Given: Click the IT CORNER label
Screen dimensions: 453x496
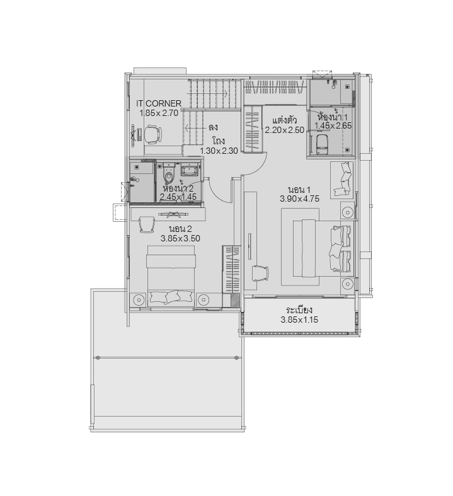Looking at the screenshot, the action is point(159,103).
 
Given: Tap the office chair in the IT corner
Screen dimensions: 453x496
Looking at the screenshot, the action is point(152,134).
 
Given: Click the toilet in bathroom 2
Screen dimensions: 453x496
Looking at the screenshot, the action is point(169,175).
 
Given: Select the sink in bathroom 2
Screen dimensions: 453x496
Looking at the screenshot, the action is point(189,171).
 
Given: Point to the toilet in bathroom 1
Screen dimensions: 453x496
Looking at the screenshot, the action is point(322,144).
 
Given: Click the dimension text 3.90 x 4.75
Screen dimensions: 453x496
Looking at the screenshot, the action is point(299,199).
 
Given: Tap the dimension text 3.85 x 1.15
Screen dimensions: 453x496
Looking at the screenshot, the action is point(299,320).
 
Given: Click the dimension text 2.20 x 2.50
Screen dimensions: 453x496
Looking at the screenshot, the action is point(285,130).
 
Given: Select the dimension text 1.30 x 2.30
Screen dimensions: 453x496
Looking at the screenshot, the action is point(219,151).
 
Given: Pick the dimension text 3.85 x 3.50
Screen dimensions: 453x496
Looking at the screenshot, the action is point(180,238).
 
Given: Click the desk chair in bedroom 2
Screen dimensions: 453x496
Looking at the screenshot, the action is point(146,224).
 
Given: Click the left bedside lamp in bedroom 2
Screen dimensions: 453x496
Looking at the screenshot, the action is point(139,299).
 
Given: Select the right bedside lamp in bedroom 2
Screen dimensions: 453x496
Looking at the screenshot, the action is point(202,299).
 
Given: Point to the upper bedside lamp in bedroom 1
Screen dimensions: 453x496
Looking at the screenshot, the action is point(347,211).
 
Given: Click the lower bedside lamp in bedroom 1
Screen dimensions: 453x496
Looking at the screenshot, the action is point(347,284).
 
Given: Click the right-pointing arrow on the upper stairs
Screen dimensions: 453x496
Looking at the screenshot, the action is point(207,94).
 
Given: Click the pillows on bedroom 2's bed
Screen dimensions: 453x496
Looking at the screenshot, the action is point(171,297).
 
